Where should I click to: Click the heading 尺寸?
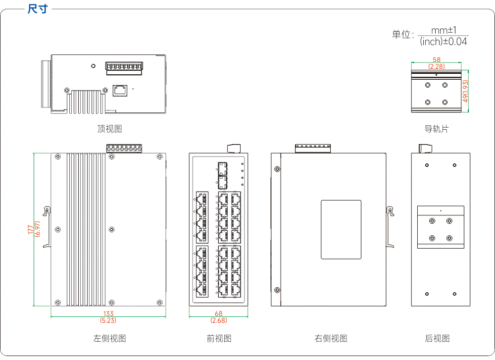point(37,8)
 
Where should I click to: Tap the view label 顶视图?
point(109,129)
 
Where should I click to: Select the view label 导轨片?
point(436,129)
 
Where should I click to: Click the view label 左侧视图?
point(109,339)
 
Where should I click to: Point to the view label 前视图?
point(219,339)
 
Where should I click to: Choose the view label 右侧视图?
point(331,339)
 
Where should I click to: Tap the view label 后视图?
point(437,339)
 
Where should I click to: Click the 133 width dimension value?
point(108,313)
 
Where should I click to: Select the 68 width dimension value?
point(218,313)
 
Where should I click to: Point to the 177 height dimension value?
point(31,229)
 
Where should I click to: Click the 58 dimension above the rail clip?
point(437,60)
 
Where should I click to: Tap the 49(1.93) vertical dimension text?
point(465,91)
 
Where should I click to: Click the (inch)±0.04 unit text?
point(443,42)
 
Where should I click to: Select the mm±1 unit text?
point(444,30)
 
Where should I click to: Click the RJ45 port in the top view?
point(120,90)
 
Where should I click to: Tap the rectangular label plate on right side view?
point(341,230)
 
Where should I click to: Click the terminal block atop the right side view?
point(312,149)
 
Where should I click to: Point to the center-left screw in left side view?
point(58,230)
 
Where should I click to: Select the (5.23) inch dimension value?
point(108,320)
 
